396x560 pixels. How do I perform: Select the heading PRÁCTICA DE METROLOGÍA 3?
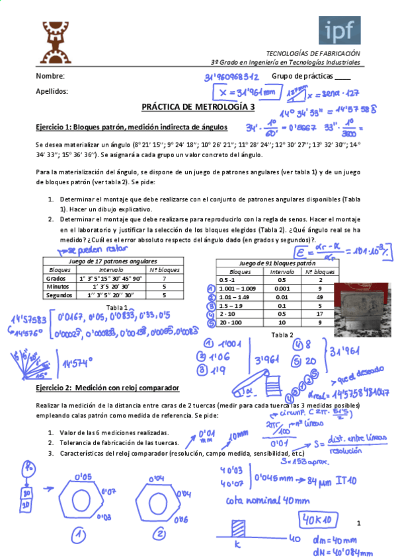click(x=198, y=106)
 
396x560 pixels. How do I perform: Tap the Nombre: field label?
click(x=50, y=77)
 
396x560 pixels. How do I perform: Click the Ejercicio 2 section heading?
click(x=108, y=388)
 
